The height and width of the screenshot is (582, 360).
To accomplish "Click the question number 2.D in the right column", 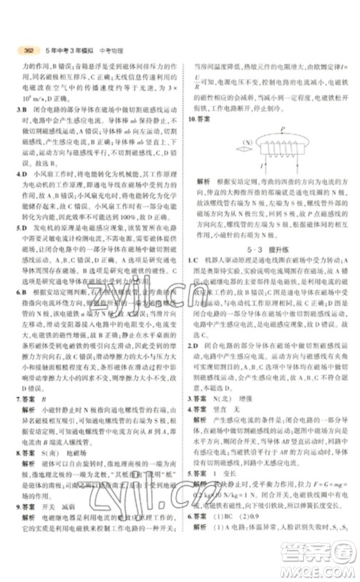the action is (x=193, y=343).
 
